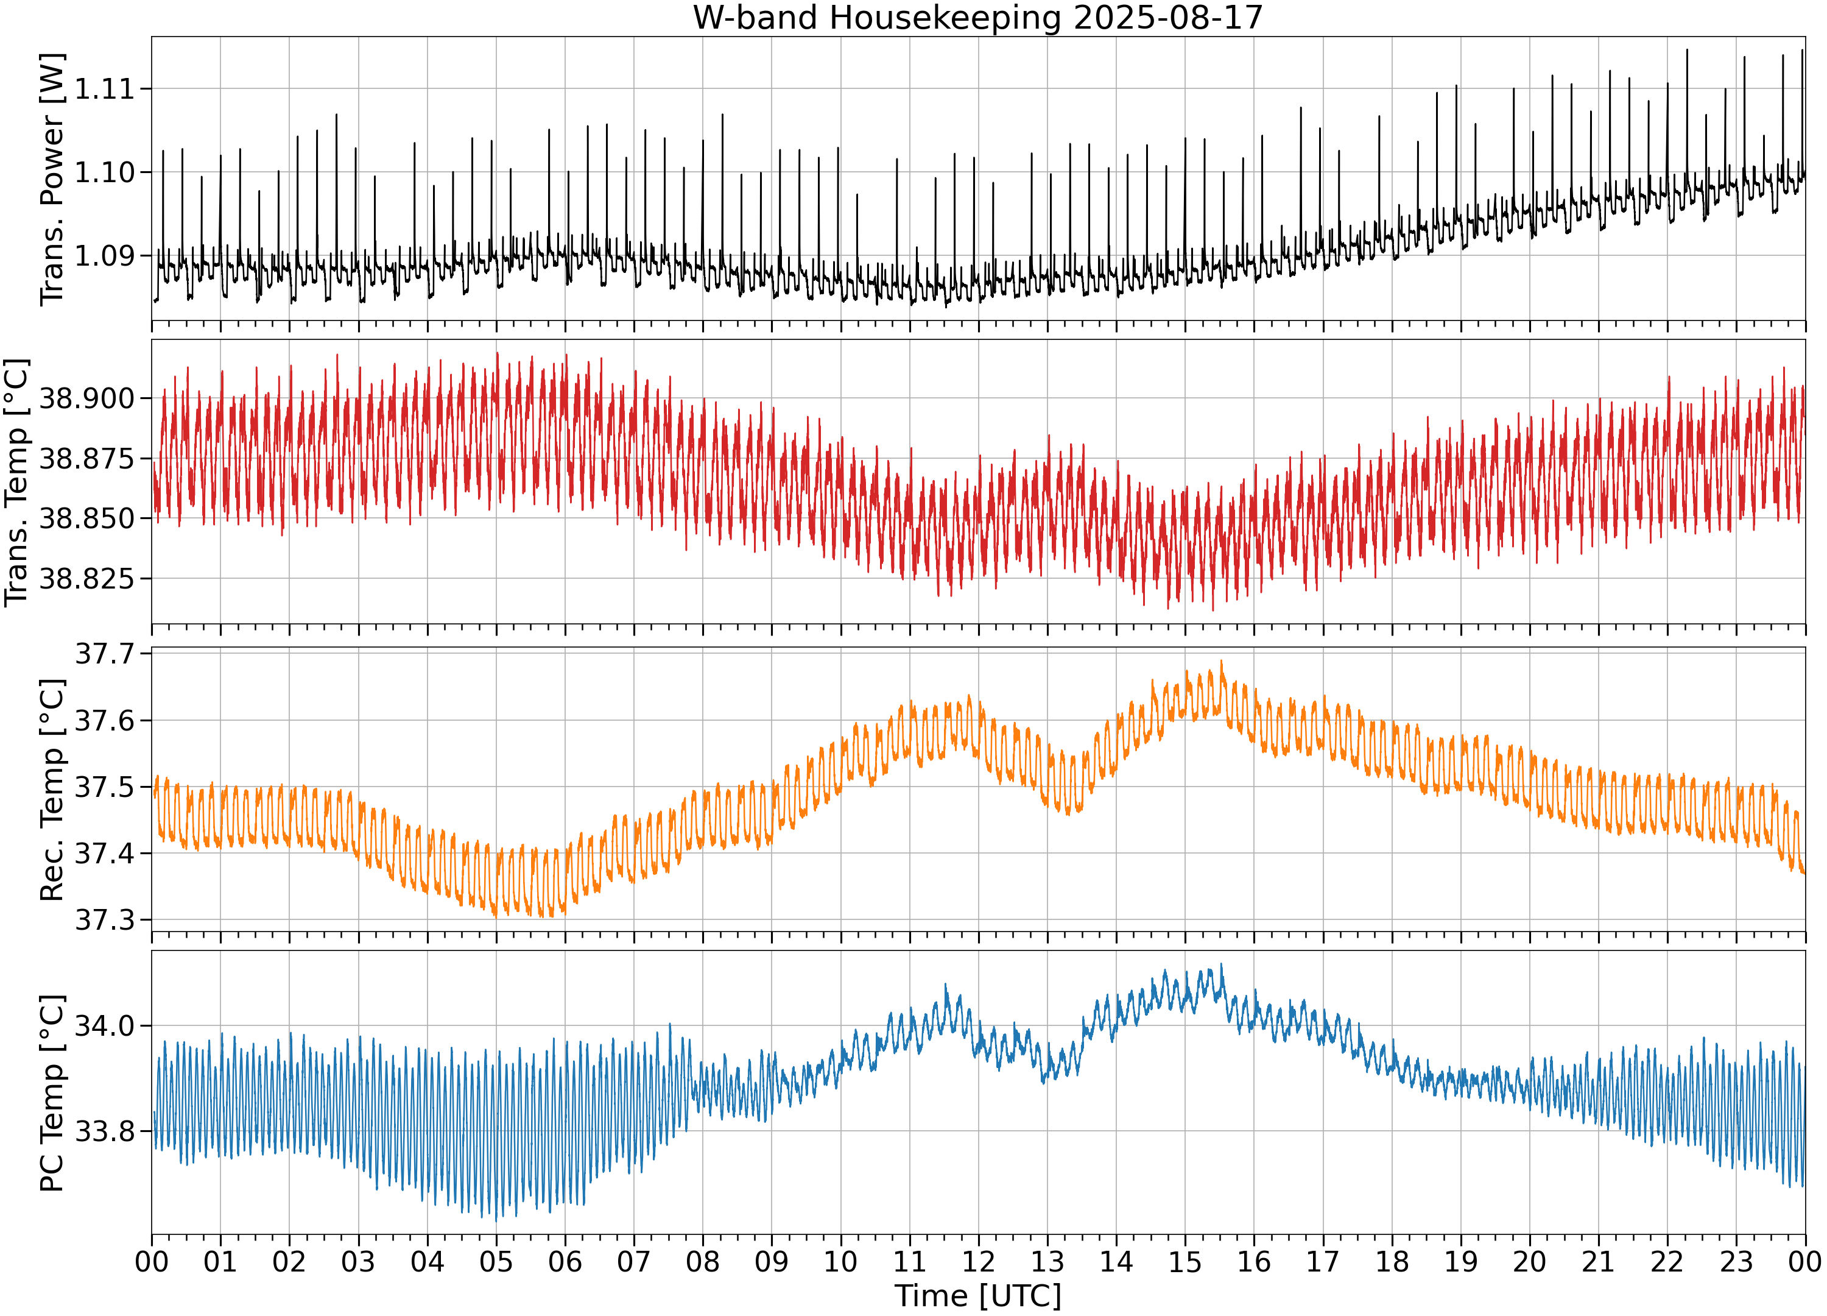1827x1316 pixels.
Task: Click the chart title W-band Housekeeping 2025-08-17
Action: (978, 17)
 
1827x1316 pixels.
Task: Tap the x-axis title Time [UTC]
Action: (978, 1296)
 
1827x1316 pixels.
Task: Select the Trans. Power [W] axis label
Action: (52, 179)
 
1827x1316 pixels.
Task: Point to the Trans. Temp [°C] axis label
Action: (16, 482)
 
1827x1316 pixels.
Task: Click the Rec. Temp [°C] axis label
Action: (52, 790)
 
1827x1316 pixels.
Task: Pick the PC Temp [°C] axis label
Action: (52, 1093)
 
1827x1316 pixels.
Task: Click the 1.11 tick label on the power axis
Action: (104, 88)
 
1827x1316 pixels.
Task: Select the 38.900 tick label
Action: (87, 398)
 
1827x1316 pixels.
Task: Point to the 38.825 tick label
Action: (87, 579)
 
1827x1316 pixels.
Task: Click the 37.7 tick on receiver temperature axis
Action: (104, 654)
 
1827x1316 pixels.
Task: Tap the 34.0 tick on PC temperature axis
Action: (104, 1026)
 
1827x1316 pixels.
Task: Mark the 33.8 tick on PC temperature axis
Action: (104, 1131)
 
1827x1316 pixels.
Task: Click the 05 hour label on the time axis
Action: (496, 1261)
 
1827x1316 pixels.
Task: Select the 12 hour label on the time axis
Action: (979, 1261)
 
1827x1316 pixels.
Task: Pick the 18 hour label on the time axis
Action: (1392, 1261)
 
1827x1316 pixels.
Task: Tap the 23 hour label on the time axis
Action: (1737, 1261)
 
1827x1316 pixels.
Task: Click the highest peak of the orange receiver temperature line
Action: (1221, 661)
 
